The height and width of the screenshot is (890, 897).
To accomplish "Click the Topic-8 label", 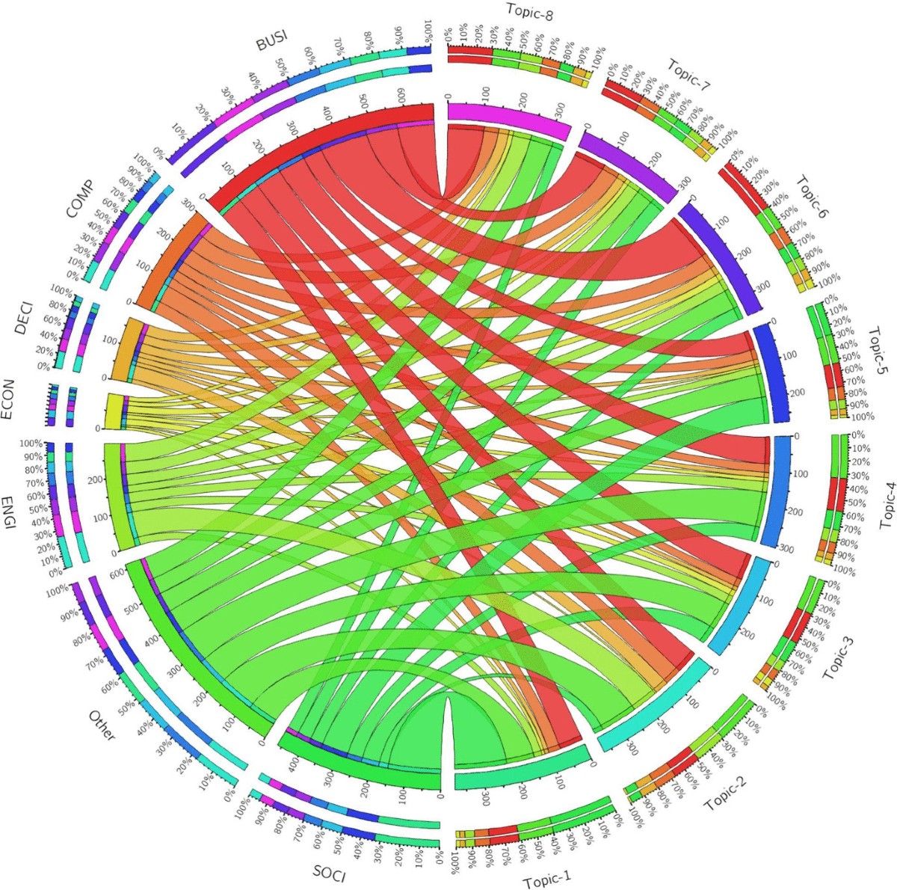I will [528, 11].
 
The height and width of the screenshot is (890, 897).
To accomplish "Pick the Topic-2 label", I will [734, 793].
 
